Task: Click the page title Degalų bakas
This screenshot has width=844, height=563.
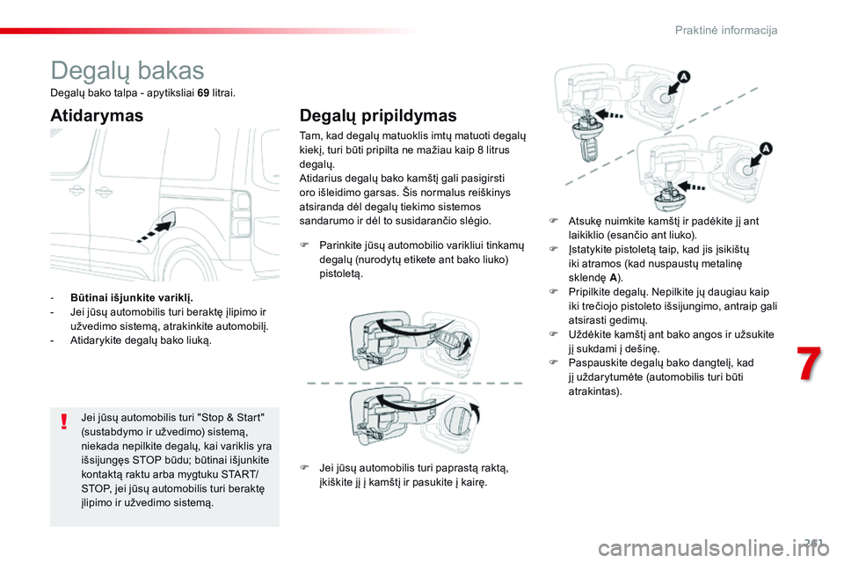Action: [127, 70]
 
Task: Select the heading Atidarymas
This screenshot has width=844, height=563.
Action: [97, 115]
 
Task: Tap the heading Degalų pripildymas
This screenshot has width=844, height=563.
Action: [378, 115]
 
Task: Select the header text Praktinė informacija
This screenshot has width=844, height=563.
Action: [726, 31]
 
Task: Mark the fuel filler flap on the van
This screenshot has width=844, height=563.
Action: [167, 220]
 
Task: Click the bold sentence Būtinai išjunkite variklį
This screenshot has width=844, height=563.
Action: [132, 297]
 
